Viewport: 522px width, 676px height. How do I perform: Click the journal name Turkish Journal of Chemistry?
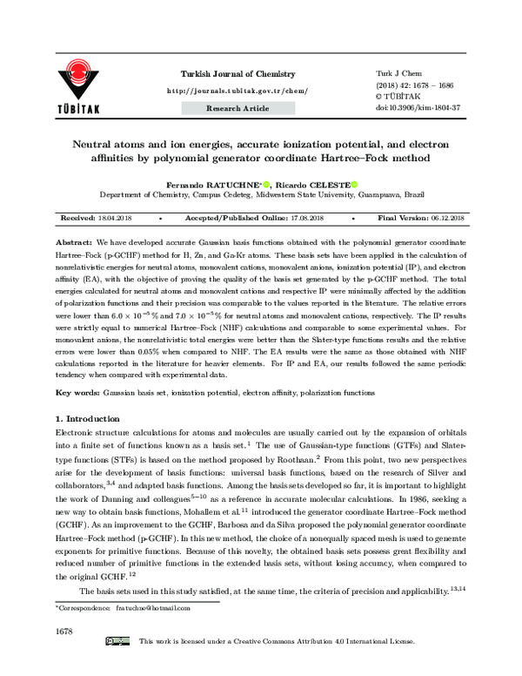(237, 74)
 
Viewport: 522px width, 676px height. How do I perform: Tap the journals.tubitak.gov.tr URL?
(237, 91)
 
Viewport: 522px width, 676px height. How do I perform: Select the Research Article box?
(237, 108)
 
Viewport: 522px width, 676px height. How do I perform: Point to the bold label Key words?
(77, 393)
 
